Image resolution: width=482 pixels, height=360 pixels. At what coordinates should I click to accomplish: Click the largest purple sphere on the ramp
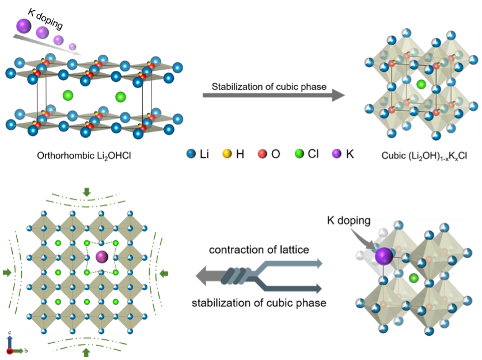[24, 26]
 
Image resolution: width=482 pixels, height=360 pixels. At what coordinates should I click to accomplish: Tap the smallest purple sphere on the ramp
[72, 47]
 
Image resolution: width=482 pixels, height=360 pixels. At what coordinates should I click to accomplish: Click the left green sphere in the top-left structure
[68, 95]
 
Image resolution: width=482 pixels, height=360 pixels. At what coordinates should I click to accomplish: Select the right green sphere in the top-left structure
[120, 96]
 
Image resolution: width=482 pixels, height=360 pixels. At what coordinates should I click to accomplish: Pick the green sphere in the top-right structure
[421, 84]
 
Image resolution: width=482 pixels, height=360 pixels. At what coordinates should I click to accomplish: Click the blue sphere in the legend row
[191, 153]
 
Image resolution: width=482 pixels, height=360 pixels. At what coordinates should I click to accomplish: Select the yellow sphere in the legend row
[227, 153]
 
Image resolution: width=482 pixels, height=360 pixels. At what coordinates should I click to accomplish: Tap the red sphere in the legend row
[262, 153]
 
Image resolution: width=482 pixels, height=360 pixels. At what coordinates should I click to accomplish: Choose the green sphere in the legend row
[299, 153]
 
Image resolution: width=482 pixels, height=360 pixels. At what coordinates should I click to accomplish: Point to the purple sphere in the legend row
[336, 153]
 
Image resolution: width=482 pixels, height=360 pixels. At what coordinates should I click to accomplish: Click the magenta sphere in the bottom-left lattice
[102, 257]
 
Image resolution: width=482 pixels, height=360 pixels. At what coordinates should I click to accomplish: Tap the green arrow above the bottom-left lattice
[86, 192]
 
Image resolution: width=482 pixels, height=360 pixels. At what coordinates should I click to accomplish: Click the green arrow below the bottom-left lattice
[86, 352]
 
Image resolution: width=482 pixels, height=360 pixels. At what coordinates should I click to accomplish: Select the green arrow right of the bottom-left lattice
[164, 273]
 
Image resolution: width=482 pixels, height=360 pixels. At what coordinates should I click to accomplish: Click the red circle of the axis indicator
[10, 351]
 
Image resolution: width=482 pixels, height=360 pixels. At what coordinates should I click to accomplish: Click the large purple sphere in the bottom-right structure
[384, 256]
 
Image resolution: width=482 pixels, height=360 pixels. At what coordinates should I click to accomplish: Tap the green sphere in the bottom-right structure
[413, 278]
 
